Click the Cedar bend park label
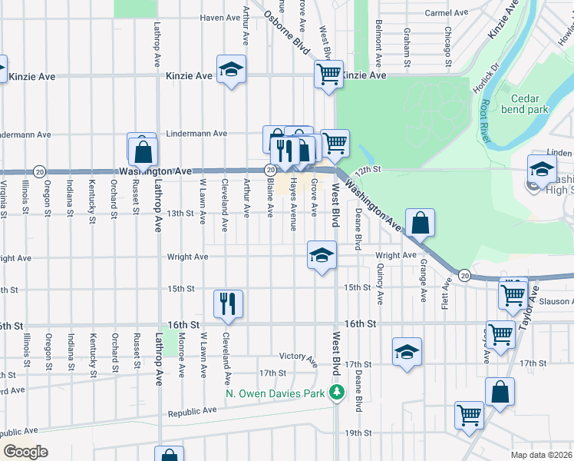tap(529, 104)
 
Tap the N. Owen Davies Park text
tap(276, 393)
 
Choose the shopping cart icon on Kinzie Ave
tap(328, 75)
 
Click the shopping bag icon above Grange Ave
tap(421, 223)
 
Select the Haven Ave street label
tap(221, 17)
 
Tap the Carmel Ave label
tap(447, 13)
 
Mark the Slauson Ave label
tap(557, 301)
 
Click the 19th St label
tap(358, 433)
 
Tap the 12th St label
tap(368, 168)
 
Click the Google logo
tap(25, 451)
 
